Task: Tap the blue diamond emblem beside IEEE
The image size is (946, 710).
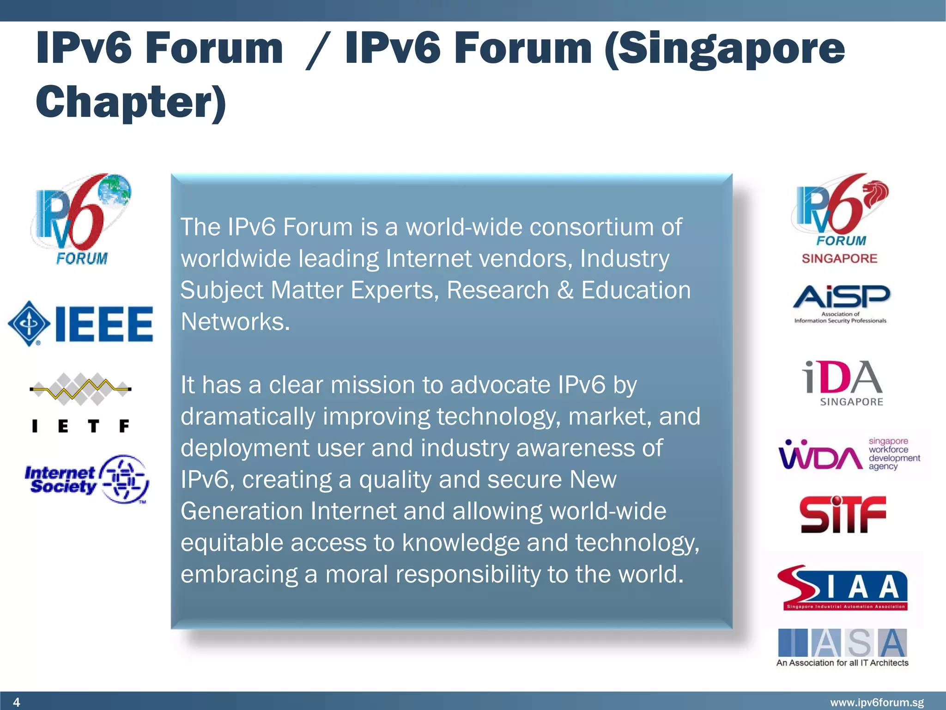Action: (29, 324)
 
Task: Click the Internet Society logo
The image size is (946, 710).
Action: (87, 479)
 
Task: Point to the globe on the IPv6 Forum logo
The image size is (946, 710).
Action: (115, 190)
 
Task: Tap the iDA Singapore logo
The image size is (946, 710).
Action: (843, 383)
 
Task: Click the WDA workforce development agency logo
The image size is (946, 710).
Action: (849, 454)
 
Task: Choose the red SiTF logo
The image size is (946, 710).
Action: (843, 514)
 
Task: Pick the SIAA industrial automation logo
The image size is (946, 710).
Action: (843, 588)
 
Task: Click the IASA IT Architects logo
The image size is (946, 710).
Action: (843, 647)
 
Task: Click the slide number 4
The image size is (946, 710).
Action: (17, 702)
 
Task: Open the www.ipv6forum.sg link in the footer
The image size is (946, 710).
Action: (877, 703)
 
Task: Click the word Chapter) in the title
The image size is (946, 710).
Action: (131, 103)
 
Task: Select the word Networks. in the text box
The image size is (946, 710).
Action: (235, 322)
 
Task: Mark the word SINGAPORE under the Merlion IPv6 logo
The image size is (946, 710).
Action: (839, 258)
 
